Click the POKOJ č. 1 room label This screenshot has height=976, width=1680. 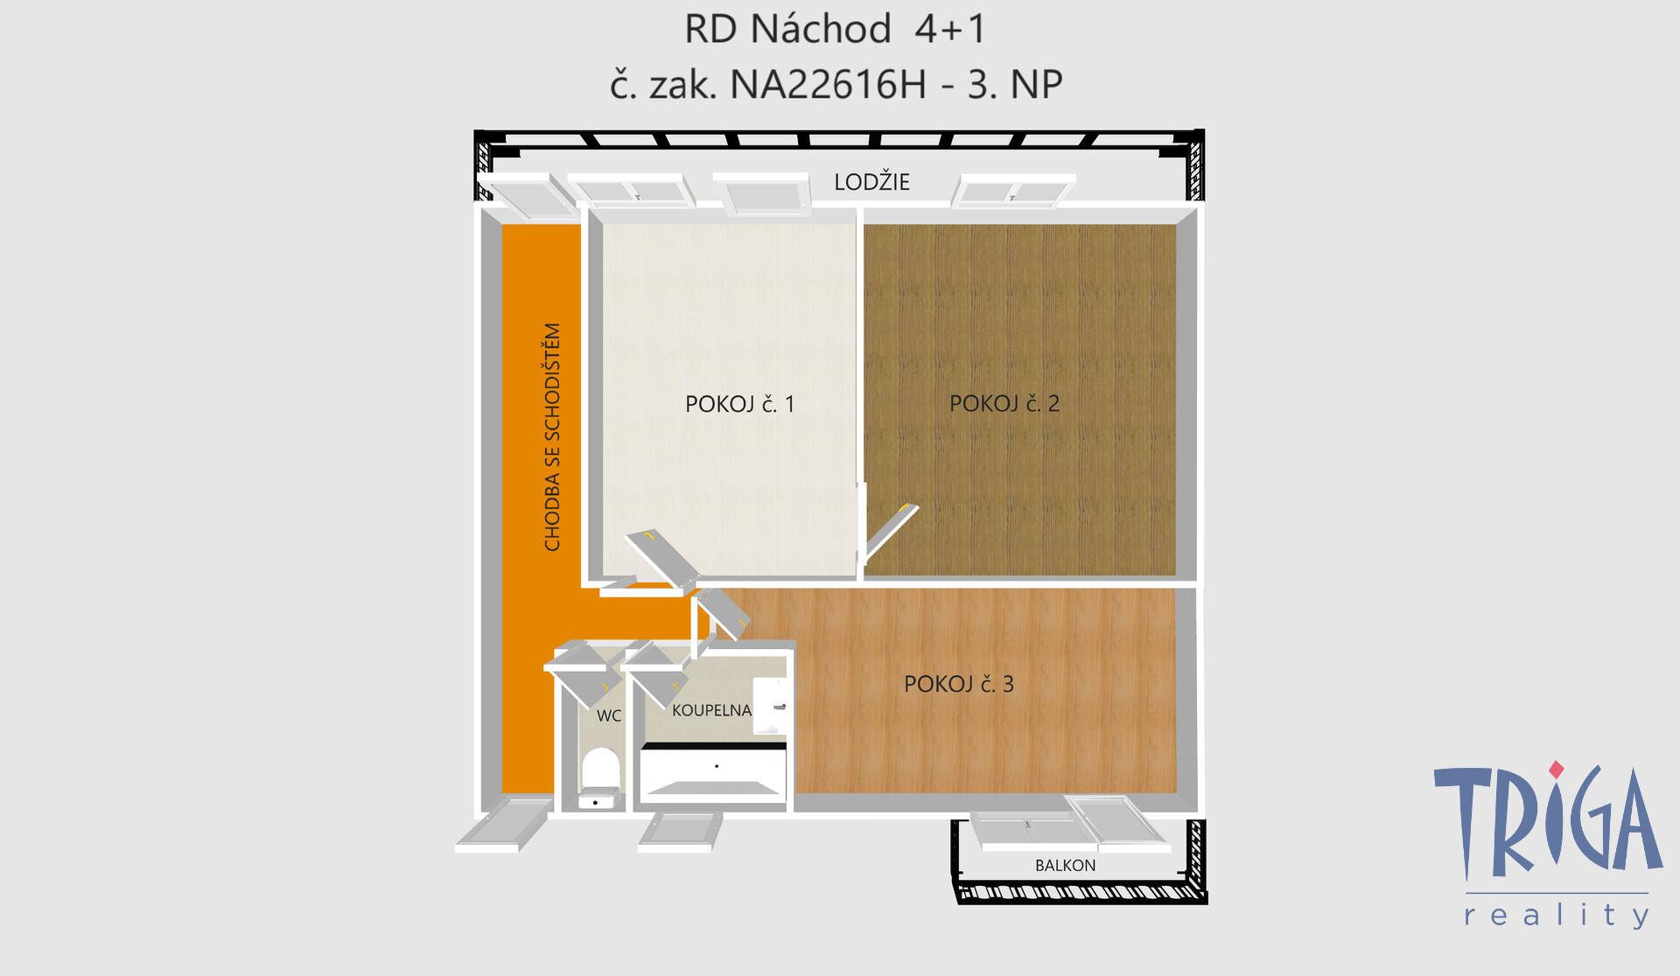tap(739, 404)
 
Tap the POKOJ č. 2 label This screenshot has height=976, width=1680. tap(1004, 403)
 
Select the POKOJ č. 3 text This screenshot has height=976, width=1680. tap(958, 684)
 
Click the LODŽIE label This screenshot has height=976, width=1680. tap(871, 182)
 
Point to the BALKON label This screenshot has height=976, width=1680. tap(1065, 865)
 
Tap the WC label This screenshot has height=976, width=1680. tap(609, 715)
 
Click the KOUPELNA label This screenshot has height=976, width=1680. tap(711, 710)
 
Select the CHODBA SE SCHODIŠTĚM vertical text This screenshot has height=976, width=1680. tap(552, 437)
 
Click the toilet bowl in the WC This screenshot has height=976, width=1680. tap(600, 769)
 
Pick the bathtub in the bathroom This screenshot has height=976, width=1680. tap(713, 771)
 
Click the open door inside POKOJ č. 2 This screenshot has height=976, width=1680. tap(891, 530)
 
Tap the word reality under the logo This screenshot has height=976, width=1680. tap(1557, 914)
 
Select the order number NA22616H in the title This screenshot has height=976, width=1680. tap(828, 85)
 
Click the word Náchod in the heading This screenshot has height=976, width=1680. tap(821, 30)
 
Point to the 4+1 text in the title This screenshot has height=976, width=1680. tap(950, 30)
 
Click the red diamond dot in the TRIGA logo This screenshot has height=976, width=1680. tap(1556, 770)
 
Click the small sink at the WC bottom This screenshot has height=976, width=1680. tap(599, 799)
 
